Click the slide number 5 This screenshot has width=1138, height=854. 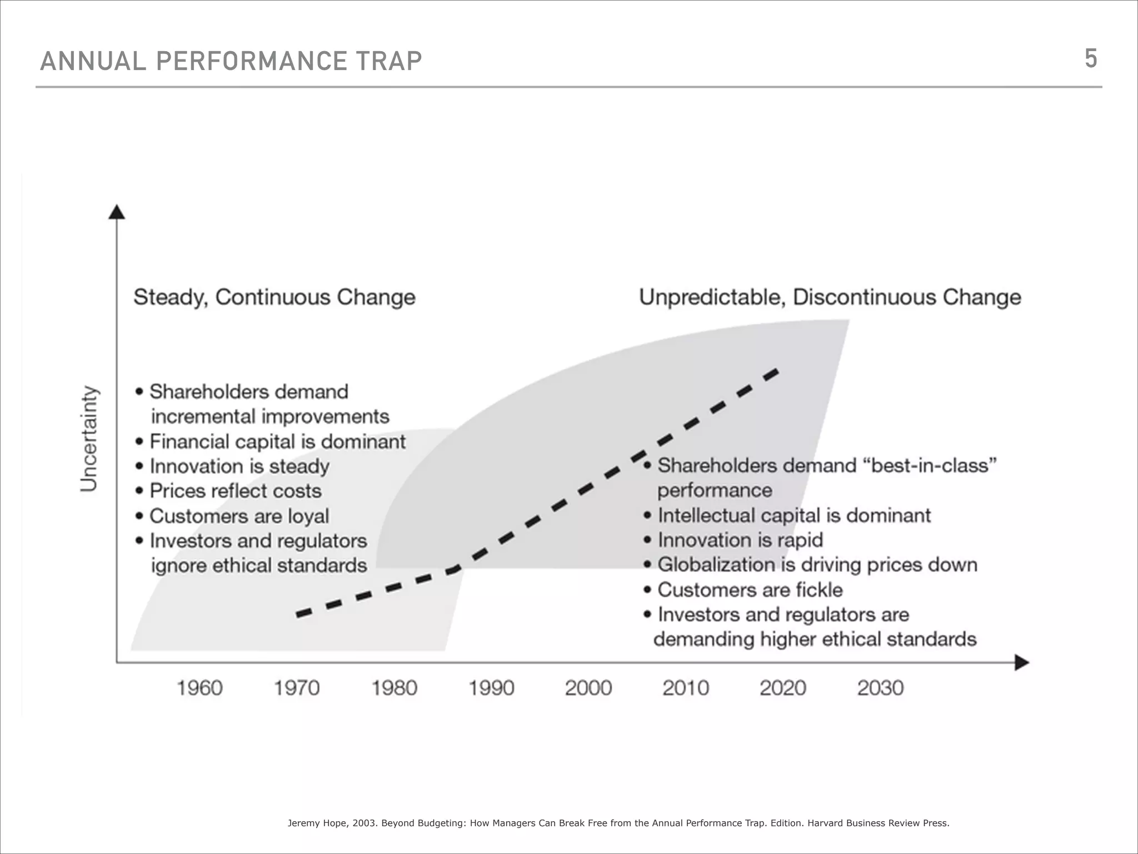(x=1090, y=58)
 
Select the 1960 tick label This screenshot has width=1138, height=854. (x=199, y=688)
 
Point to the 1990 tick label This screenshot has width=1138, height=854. (x=491, y=688)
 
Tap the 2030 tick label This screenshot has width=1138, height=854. (x=880, y=688)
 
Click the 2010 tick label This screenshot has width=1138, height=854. (x=686, y=688)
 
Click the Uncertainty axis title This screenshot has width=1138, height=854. (x=89, y=439)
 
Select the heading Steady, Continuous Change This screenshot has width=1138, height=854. (x=274, y=297)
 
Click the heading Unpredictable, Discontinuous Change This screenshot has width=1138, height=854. (x=830, y=297)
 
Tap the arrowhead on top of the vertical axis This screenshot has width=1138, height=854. (x=117, y=212)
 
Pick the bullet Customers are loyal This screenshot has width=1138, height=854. (x=239, y=516)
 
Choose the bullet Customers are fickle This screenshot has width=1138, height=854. (x=750, y=590)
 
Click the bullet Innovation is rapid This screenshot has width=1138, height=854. (x=740, y=540)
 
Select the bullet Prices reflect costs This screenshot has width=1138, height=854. (x=235, y=491)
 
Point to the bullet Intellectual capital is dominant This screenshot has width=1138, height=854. (x=793, y=515)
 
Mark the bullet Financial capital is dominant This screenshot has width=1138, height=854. (x=277, y=441)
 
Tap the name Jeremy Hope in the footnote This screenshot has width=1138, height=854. (x=317, y=823)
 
